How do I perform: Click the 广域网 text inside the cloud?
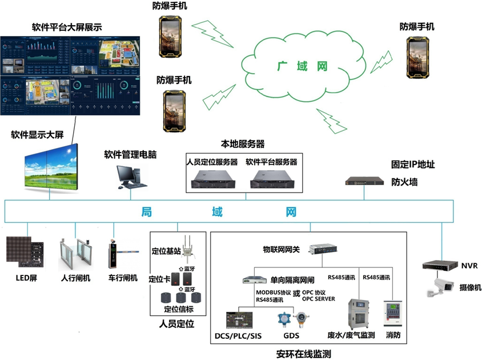(303, 66)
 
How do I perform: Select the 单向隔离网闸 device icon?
(254, 280)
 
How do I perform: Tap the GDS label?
(291, 335)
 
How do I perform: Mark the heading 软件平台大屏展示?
(67, 27)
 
